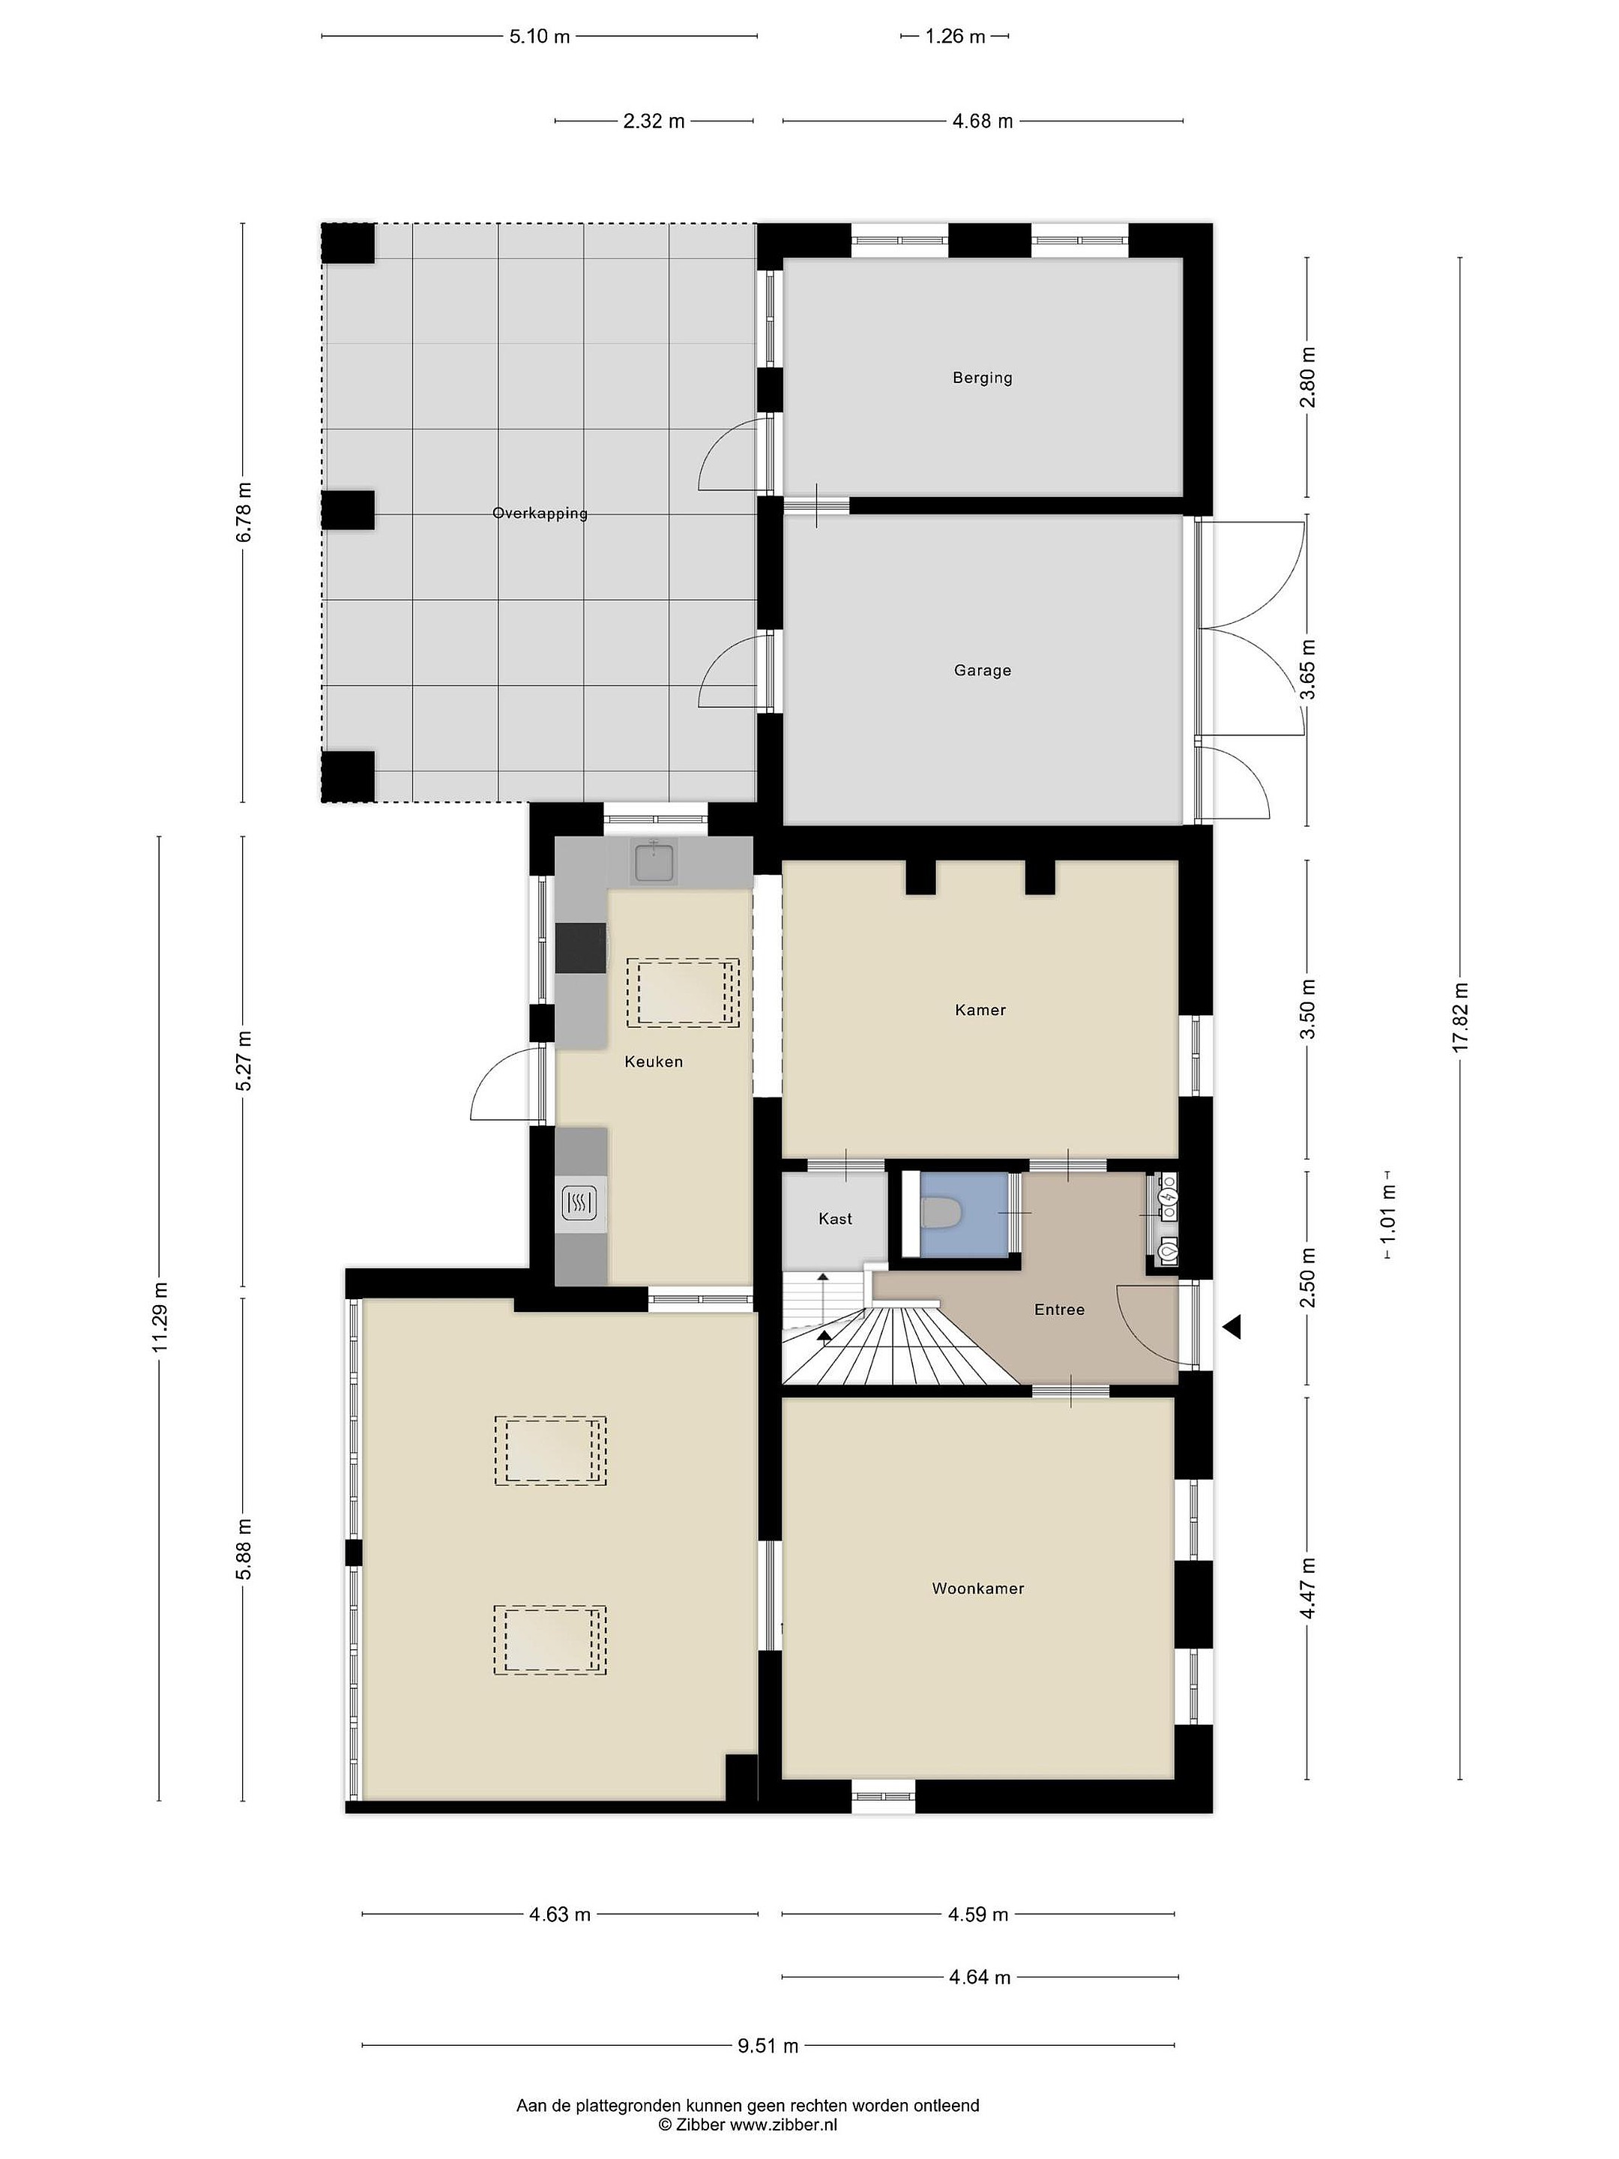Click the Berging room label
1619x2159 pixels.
982,378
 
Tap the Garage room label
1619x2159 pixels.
982,670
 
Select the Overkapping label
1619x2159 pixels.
540,514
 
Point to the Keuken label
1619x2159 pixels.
654,1062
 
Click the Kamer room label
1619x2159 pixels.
980,1011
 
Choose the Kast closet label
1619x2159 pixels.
836,1219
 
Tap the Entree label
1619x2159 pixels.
1060,1310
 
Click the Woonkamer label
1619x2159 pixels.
978,1589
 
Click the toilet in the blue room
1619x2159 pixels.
941,1213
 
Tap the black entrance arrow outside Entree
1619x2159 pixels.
1232,1326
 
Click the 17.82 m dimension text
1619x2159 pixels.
1460,1016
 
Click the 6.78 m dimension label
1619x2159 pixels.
243,513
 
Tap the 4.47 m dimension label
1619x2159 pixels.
1308,1588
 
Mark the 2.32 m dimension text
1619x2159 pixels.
654,121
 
